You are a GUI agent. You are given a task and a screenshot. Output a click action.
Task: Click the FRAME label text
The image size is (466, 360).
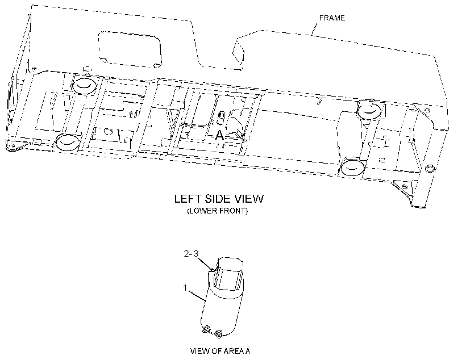(332, 18)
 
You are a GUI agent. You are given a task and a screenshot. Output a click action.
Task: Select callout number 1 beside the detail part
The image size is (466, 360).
(185, 288)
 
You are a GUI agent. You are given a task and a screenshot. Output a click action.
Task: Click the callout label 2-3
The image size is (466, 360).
(191, 254)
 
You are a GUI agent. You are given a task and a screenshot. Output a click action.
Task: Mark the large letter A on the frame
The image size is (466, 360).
(219, 135)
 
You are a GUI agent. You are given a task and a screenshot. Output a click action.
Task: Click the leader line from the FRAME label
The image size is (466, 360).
(314, 29)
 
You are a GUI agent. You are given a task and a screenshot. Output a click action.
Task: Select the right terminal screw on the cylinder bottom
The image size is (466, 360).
(219, 333)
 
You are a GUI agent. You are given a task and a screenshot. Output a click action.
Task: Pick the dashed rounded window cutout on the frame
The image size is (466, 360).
(130, 49)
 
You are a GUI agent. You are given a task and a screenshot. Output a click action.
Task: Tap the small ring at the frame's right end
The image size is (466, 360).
(430, 169)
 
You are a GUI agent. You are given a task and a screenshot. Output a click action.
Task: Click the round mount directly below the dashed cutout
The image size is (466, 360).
(84, 85)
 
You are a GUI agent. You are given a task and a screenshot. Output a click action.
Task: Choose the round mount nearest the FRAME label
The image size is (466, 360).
(369, 110)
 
